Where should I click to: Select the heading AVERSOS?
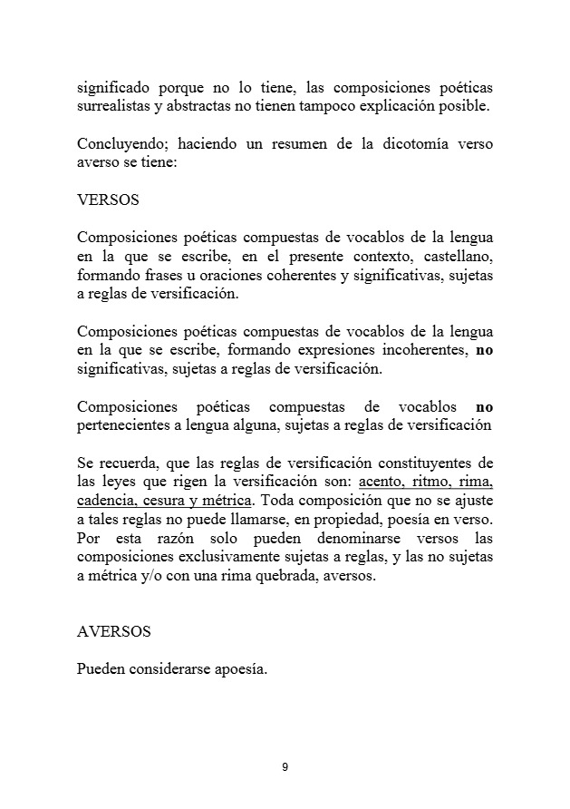click(114, 631)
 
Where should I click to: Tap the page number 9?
click(285, 767)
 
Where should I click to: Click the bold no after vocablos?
click(485, 406)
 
